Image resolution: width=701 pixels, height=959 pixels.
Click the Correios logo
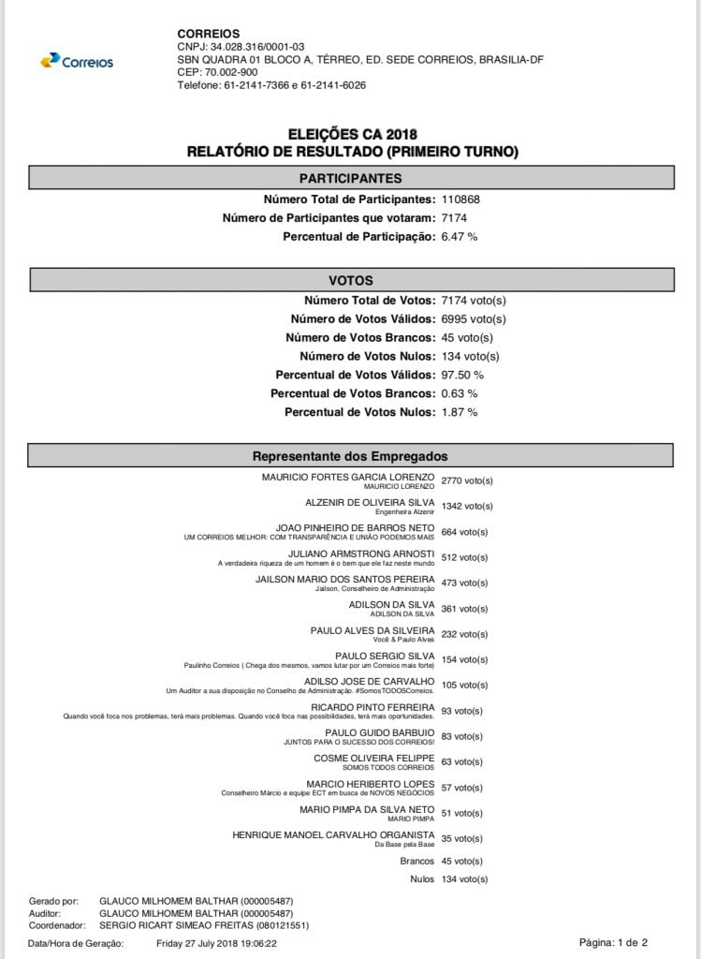point(77,61)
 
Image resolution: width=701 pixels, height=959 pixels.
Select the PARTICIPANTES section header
point(350,178)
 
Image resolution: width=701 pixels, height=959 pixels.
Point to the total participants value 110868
point(461,199)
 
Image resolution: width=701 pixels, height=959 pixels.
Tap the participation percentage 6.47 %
point(460,237)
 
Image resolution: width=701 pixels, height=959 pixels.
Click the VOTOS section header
point(350,280)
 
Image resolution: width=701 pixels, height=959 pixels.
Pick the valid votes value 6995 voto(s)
point(473,319)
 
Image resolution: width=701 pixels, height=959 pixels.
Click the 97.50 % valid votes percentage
point(462,375)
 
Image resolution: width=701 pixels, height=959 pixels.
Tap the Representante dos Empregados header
point(350,456)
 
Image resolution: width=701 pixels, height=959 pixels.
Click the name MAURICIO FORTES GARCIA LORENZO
point(348,477)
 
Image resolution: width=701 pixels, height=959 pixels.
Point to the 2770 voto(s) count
point(466,480)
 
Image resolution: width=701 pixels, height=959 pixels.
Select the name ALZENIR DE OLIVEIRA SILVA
point(370,503)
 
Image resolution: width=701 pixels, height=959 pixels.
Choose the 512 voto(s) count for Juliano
point(464,557)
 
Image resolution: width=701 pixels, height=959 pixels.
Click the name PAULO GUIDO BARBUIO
point(379,732)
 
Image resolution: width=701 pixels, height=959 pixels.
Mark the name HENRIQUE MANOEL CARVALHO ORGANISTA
point(333,834)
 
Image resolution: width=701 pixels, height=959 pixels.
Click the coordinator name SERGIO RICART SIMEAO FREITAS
point(204,925)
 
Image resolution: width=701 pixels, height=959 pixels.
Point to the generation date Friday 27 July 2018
point(216,943)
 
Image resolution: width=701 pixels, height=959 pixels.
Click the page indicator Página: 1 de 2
point(613,942)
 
